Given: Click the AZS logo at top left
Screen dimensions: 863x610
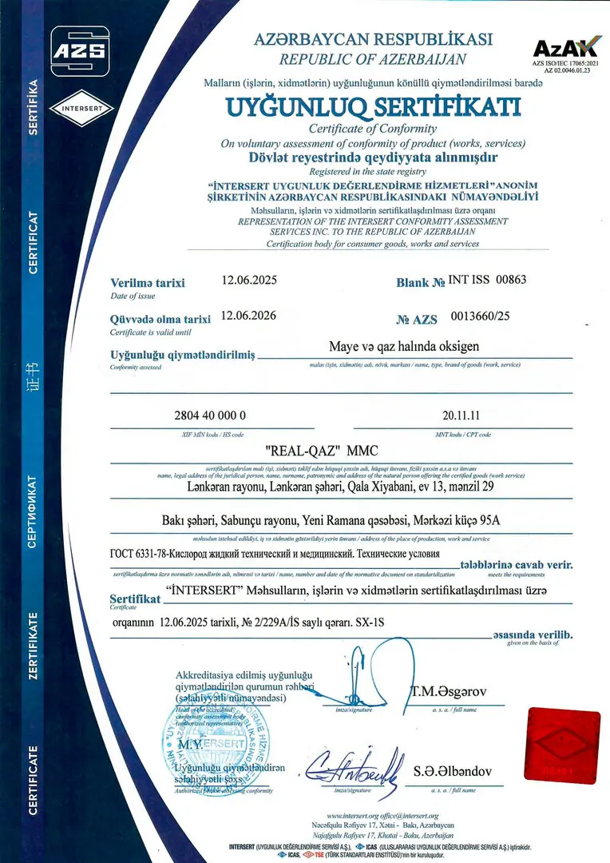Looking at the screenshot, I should pos(79,50).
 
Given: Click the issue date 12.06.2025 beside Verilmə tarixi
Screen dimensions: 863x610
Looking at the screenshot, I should pos(248,280).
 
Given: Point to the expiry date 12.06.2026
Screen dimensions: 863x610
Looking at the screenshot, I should pos(248,315).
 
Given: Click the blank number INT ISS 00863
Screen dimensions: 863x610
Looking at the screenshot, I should pos(488,280).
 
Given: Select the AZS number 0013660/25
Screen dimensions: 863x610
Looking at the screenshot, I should pos(480,316).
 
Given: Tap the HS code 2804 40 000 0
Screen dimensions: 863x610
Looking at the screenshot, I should pos(210,416).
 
